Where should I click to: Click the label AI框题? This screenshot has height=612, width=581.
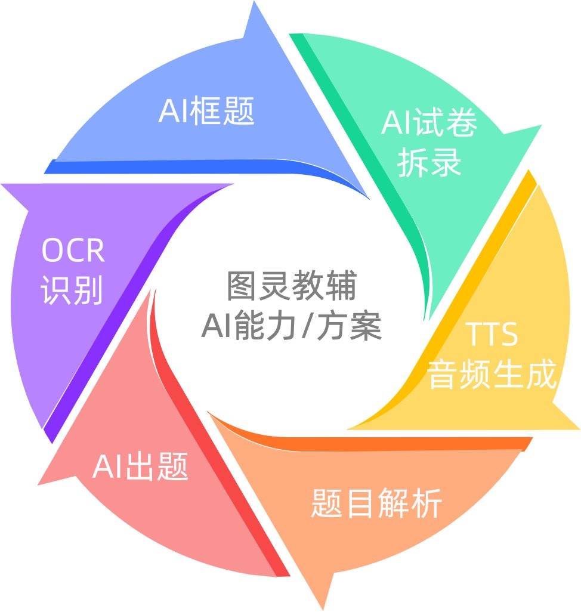(206, 111)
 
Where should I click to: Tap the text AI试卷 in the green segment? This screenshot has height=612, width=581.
(429, 122)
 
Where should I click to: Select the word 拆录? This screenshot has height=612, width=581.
(429, 162)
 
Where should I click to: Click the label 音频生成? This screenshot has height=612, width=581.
(492, 374)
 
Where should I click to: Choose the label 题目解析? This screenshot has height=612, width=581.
(376, 503)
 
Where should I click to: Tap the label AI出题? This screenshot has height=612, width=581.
(140, 466)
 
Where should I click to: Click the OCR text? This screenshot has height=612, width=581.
(73, 250)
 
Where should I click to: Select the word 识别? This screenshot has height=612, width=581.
(72, 290)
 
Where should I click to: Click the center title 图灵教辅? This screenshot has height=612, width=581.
(292, 286)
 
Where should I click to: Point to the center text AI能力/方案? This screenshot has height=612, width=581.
(291, 326)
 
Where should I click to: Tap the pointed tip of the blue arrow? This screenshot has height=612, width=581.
(254, 2)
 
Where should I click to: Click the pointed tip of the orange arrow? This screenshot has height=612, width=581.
(323, 610)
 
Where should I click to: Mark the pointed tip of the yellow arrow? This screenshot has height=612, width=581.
(579, 429)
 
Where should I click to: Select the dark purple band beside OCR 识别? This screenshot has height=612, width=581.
(129, 308)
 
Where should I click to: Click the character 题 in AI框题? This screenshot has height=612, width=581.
(239, 111)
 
